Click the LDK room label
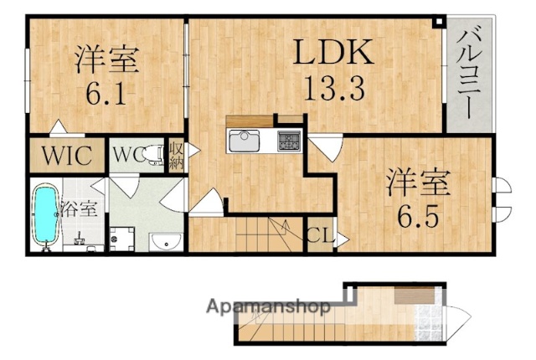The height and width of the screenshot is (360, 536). click(x=331, y=53)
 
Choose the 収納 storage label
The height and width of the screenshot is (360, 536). click(x=176, y=156)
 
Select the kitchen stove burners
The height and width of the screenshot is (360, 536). click(x=289, y=141)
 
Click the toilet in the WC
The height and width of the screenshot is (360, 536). click(x=153, y=156)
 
